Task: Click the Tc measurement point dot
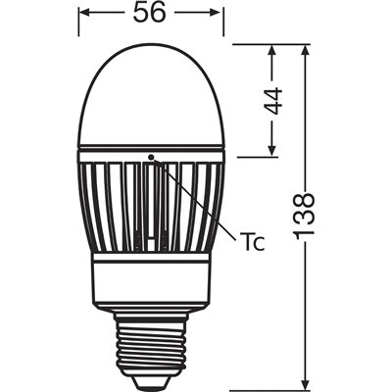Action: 152,155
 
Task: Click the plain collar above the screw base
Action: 152,279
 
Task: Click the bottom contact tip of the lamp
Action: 152,379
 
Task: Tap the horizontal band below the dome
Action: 152,151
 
